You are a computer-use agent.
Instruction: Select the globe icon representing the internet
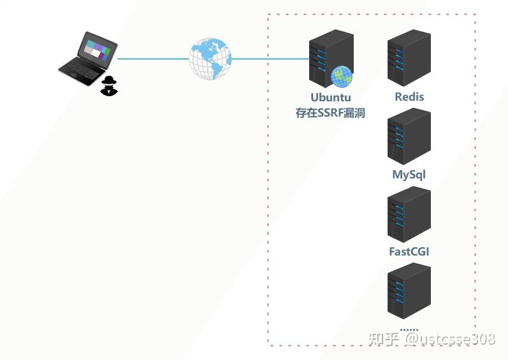(210, 59)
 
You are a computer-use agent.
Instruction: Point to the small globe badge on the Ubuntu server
(342, 76)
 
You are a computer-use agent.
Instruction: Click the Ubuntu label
(331, 98)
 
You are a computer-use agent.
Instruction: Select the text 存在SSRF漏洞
(330, 113)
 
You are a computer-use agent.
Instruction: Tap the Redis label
(409, 97)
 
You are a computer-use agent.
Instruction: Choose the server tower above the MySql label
(409, 136)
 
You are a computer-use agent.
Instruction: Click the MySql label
(409, 175)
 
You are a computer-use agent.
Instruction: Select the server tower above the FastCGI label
(409, 213)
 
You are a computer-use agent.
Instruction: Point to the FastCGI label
(409, 252)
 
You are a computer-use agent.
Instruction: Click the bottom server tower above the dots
(409, 291)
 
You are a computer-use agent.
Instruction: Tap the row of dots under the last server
(409, 330)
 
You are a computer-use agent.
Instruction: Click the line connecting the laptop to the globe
(153, 59)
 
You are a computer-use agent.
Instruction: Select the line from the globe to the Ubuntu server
(270, 59)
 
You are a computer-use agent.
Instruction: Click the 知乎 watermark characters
(384, 339)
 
